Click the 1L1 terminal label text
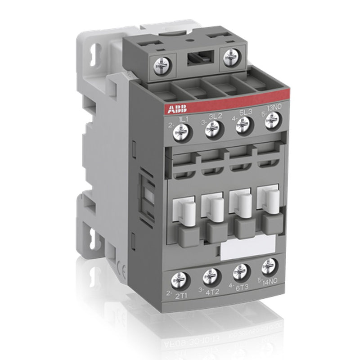pyautogui.click(x=184, y=118)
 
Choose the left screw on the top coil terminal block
pyautogui.click(x=161, y=67)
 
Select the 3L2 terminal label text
pyautogui.click(x=213, y=115)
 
